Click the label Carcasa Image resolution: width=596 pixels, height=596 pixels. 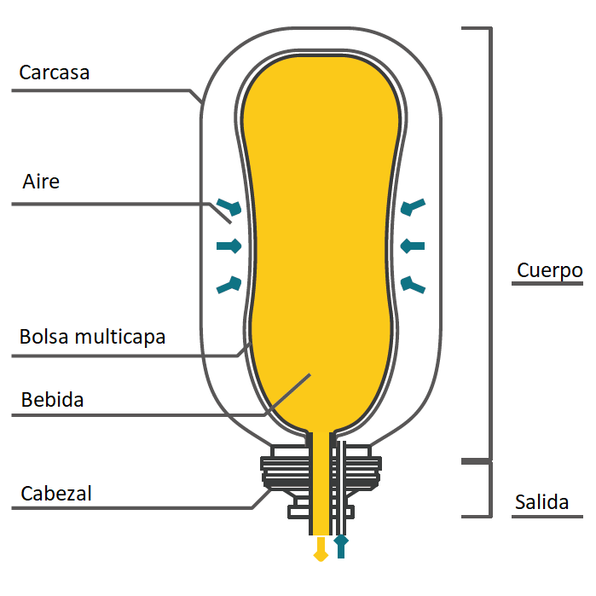click(55, 72)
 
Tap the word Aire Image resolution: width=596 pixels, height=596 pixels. click(41, 182)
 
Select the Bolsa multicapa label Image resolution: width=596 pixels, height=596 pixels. click(92, 337)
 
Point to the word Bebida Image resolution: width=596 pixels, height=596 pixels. click(53, 400)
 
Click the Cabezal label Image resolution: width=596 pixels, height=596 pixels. click(56, 494)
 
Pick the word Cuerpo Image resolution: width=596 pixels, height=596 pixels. click(550, 270)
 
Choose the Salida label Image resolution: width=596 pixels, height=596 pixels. click(541, 502)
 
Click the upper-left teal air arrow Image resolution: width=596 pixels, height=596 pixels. click(229, 207)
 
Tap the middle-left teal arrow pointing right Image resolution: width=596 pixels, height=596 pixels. click(229, 246)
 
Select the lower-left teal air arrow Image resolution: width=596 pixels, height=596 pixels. click(229, 285)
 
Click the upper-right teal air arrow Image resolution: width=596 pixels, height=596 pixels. click(413, 207)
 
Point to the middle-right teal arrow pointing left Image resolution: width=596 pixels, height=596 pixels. click(413, 246)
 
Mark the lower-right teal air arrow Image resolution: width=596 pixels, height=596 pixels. click(413, 285)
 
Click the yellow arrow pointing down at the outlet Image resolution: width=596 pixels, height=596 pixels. click(321, 549)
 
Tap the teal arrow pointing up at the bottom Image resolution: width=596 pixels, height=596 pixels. click(341, 547)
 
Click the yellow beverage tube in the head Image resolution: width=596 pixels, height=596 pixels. click(321, 483)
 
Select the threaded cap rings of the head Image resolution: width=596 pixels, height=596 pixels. click(321, 473)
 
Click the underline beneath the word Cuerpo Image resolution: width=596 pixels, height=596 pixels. click(547, 284)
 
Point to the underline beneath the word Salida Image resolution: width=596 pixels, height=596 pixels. click(547, 517)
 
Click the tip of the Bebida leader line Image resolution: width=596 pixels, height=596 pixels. click(310, 375)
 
